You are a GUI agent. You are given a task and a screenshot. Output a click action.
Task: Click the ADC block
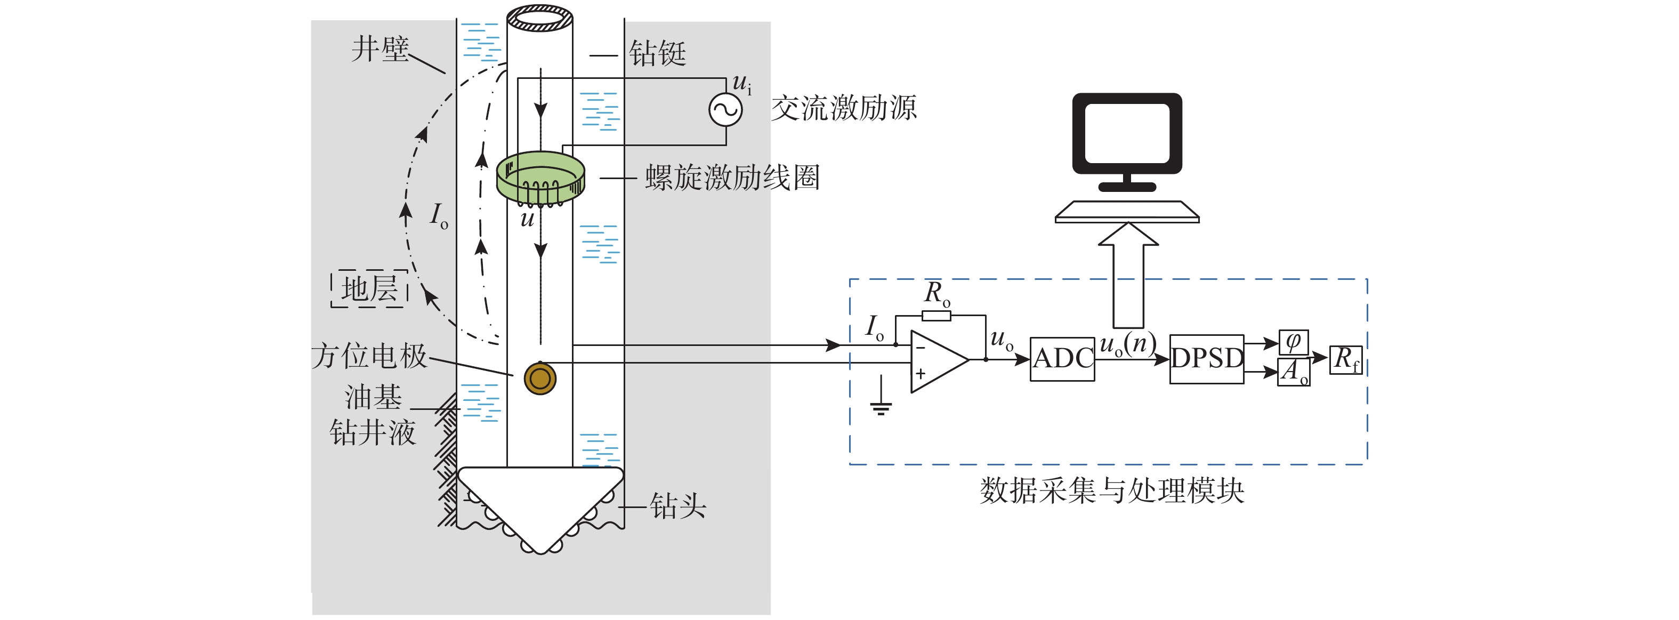pos(1062,359)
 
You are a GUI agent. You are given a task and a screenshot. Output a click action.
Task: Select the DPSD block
pos(1206,359)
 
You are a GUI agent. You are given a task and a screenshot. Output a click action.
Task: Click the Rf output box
pos(1346,359)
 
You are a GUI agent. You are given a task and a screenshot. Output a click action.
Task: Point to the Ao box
pos(1294,372)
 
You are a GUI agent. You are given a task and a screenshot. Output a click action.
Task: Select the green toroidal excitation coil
pos(540,176)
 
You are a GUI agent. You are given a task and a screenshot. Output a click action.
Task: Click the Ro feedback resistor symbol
pos(936,316)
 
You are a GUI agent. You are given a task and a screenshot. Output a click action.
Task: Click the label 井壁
pos(380,49)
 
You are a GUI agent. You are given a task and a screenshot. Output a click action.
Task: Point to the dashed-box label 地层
pos(369,288)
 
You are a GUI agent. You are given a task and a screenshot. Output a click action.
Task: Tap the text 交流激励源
pos(844,108)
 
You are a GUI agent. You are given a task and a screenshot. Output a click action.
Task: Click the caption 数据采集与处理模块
pos(1111,490)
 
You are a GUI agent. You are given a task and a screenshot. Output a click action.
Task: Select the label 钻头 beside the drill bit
pos(678,505)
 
